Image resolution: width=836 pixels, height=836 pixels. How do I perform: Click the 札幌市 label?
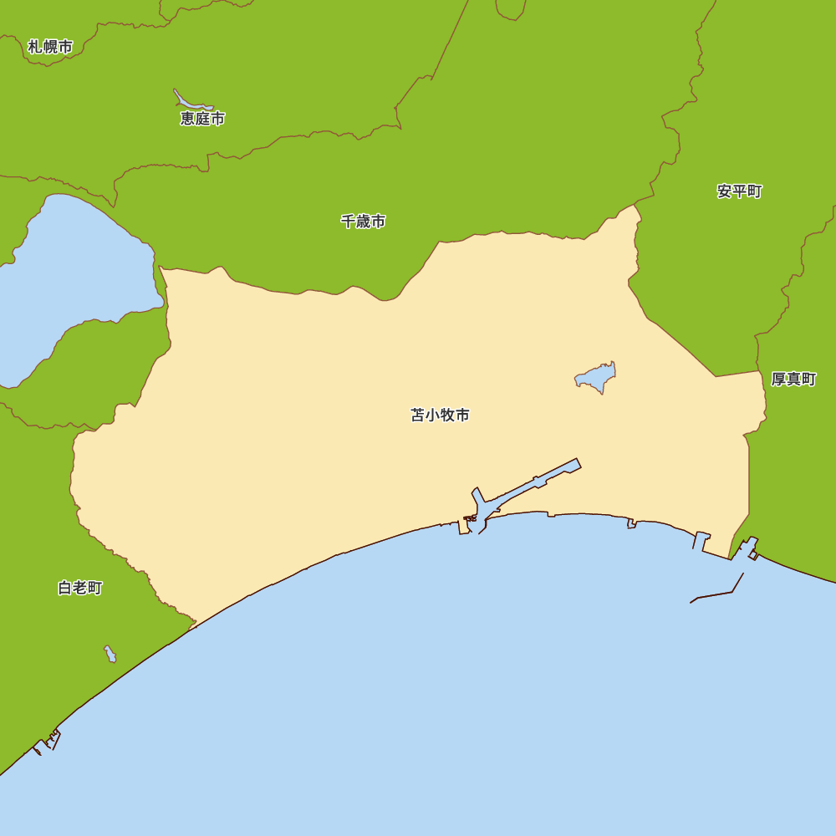tap(50, 47)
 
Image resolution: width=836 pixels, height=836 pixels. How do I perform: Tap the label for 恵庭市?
tap(202, 119)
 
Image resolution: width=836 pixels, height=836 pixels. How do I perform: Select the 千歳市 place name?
tap(363, 222)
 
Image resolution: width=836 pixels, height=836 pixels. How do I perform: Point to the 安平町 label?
tap(739, 191)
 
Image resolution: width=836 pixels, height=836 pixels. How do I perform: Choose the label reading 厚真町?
tap(793, 380)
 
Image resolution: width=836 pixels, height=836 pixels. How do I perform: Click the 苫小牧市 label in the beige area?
tap(440, 415)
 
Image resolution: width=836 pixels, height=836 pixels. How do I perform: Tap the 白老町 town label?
tap(80, 588)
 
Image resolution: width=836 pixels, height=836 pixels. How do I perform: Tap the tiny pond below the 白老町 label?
tap(110, 654)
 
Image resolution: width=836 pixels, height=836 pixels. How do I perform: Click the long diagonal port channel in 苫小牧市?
tap(535, 482)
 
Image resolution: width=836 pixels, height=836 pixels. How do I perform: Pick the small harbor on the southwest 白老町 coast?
tap(48, 741)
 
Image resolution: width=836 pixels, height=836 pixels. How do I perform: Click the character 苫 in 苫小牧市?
tap(418, 415)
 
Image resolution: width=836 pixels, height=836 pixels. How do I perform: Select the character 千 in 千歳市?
tap(348, 222)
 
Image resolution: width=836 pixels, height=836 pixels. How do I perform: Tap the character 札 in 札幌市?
tap(34, 47)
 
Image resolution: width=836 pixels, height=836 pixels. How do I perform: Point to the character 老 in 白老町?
tap(80, 588)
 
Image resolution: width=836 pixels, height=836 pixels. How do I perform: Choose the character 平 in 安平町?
tap(739, 191)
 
